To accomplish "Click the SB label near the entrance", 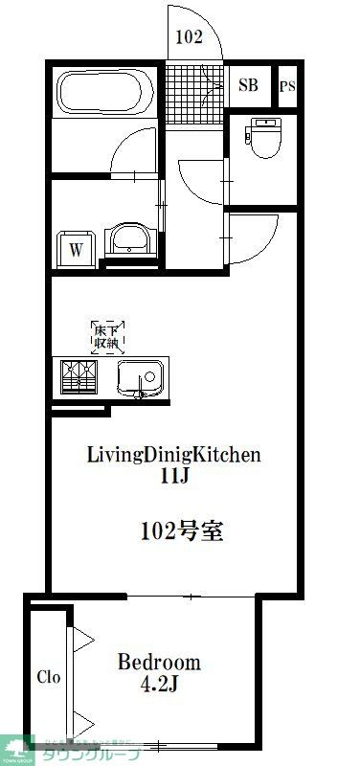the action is pyautogui.click(x=248, y=85).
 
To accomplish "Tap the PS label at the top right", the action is pyautogui.click(x=287, y=86).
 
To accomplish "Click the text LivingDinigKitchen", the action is pyautogui.click(x=174, y=454).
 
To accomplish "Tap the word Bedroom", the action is pyautogui.click(x=159, y=662).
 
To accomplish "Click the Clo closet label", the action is pyautogui.click(x=49, y=677).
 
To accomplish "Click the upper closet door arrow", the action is pyautogui.click(x=81, y=639).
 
